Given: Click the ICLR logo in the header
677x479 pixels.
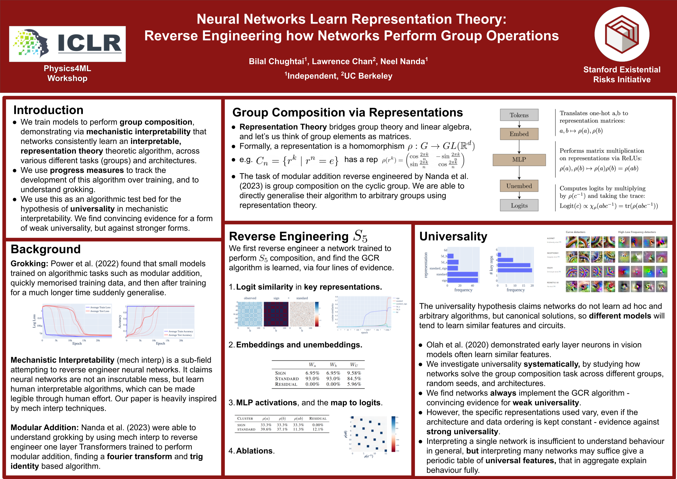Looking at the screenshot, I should tap(67, 44).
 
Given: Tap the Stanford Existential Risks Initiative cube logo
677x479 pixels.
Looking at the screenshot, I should tap(621, 34).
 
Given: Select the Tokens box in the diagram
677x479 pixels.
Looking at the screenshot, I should tap(519, 115).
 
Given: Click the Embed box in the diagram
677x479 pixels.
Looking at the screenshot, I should tap(519, 134).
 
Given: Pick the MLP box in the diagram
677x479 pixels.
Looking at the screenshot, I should tap(519, 160).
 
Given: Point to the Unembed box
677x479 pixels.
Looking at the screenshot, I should tap(519, 186).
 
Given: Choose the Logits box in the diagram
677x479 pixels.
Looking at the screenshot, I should tap(519, 206).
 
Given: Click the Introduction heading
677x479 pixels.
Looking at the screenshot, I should tap(48, 110).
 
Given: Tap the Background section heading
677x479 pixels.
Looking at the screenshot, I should tap(45, 249).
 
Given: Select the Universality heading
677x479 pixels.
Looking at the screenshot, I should tap(453, 237).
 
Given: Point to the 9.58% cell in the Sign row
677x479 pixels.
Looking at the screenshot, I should tap(354, 373).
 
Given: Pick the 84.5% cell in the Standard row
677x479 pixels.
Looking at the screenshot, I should tap(354, 379).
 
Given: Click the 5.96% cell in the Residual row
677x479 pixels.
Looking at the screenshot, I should tap(354, 384).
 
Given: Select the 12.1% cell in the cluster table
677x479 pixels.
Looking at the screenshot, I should tap(318, 429).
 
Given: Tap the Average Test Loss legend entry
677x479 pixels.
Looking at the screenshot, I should tap(100, 311).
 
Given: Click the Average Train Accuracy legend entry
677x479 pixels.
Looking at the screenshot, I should tap(180, 332).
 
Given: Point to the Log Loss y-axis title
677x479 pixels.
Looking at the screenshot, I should tap(34, 321).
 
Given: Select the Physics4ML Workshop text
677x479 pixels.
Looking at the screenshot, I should tap(67, 73).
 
